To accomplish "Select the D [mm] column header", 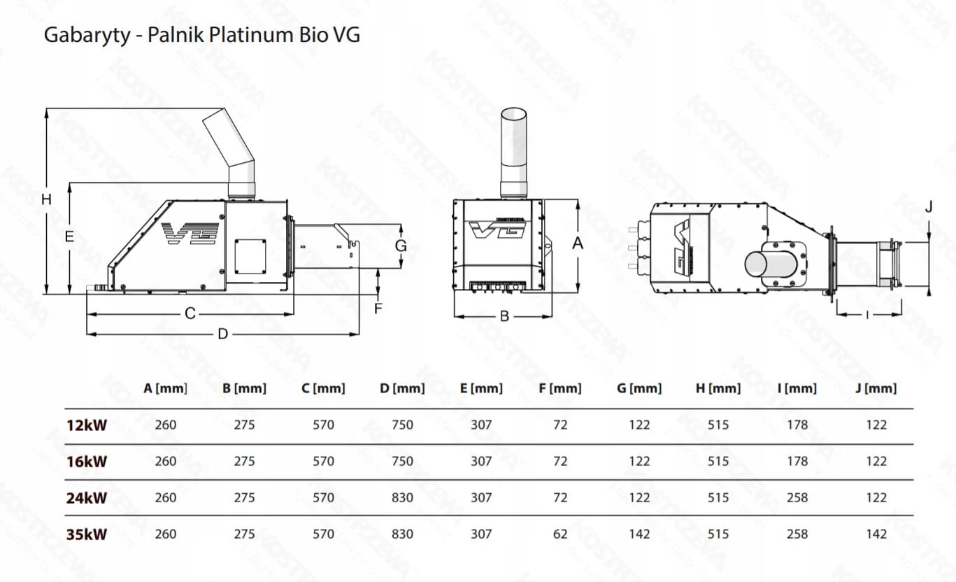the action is click(402, 388).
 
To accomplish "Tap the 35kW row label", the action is click(87, 534).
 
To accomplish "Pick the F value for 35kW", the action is click(560, 534).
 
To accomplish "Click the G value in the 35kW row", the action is click(639, 534).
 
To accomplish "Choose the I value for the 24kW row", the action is click(797, 498).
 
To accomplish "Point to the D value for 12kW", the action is click(402, 425).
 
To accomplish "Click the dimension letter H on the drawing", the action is click(46, 199).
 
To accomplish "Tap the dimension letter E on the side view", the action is click(69, 236).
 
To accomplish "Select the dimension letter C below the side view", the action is click(190, 314).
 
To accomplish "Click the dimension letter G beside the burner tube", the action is click(401, 246).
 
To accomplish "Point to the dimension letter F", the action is click(378, 308).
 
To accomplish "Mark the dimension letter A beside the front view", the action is click(578, 243).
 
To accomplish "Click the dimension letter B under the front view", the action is click(504, 316).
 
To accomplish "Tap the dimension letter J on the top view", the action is click(929, 207).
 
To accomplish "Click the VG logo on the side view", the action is click(190, 234).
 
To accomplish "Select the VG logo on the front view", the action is click(497, 229).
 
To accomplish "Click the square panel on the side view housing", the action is click(250, 256).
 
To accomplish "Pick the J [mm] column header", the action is click(876, 388).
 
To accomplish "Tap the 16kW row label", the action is click(87, 462).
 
